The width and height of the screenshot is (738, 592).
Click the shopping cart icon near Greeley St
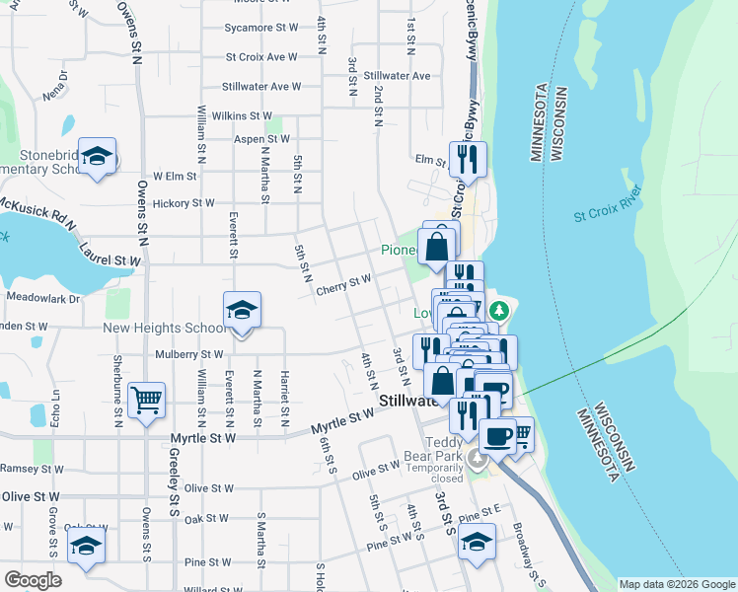click(x=146, y=400)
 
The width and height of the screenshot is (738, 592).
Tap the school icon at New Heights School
click(x=242, y=310)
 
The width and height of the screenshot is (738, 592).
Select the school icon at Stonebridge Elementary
click(x=98, y=155)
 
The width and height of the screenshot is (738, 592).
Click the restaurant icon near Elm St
click(x=467, y=158)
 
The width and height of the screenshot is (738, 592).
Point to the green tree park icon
click(x=499, y=311)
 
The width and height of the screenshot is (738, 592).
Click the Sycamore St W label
click(x=260, y=28)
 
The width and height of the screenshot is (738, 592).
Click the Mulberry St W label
click(x=189, y=354)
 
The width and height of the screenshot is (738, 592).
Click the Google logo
click(x=33, y=579)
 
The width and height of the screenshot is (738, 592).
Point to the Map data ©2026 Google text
click(x=676, y=584)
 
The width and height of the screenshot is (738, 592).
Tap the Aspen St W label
click(x=261, y=139)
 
